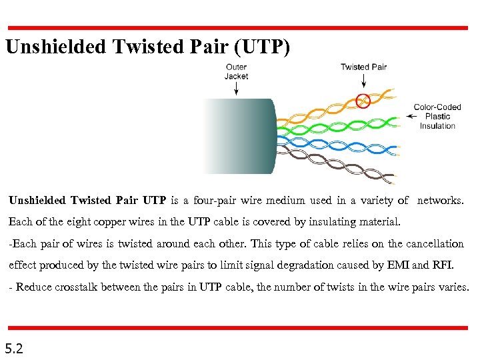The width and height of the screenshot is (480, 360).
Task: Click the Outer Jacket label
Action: click(236, 71)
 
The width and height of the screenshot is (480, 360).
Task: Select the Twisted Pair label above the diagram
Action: click(363, 67)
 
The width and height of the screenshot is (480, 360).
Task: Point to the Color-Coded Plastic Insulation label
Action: click(437, 116)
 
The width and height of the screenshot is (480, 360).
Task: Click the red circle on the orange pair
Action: click(363, 101)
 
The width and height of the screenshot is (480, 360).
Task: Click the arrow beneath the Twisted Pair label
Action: click(363, 81)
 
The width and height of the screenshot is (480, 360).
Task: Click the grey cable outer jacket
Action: click(240, 137)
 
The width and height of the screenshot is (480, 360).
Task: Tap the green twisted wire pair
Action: click(333, 124)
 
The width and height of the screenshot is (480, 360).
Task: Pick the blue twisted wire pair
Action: click(333, 141)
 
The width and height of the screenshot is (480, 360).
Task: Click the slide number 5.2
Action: click(14, 348)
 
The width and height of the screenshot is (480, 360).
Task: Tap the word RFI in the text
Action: click(441, 265)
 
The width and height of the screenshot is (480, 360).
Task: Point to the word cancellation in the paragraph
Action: click(434, 244)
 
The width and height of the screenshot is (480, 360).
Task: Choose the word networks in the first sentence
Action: click(440, 200)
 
